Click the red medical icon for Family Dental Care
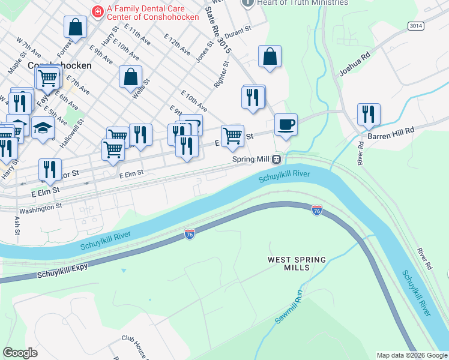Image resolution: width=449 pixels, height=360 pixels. point(96,11)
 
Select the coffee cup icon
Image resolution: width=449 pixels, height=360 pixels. point(286,124)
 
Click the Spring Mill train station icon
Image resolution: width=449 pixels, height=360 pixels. point(277,160)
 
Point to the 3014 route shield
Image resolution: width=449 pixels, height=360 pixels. point(415,26)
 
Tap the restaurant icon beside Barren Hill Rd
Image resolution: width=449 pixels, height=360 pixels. point(368,113)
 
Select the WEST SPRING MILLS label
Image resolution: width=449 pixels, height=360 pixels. point(297,264)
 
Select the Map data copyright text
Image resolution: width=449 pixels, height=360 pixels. point(412,355)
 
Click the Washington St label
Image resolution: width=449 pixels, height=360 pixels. point(40,209)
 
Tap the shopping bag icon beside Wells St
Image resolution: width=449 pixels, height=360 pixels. point(130,77)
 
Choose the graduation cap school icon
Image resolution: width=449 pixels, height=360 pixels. point(43,128)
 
